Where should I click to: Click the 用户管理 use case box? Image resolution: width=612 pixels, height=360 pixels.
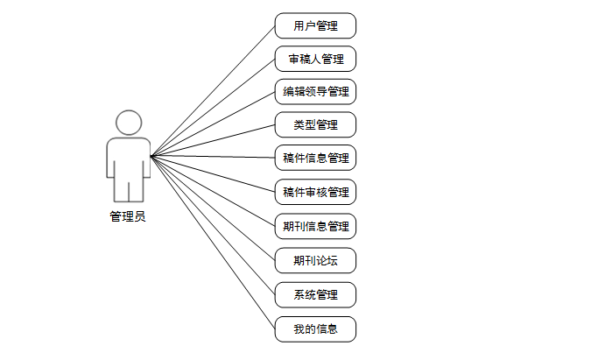click(x=315, y=25)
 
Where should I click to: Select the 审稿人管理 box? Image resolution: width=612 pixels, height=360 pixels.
click(x=315, y=59)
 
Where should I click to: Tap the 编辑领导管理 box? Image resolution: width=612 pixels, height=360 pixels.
click(x=315, y=91)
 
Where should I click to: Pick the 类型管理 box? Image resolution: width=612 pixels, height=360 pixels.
click(x=315, y=124)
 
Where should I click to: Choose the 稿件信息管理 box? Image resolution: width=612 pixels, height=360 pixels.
click(x=315, y=158)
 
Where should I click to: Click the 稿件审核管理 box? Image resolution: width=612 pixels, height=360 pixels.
click(x=315, y=191)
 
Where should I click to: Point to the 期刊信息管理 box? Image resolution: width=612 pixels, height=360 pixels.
click(x=315, y=225)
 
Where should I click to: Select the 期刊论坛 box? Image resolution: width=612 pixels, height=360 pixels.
click(x=315, y=260)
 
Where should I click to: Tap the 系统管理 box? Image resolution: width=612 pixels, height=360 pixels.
click(x=315, y=293)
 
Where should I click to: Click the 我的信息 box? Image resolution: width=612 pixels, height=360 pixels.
click(x=315, y=329)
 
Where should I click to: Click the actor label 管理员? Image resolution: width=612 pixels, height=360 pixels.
click(x=128, y=216)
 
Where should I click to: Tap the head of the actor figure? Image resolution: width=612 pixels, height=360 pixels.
click(x=129, y=122)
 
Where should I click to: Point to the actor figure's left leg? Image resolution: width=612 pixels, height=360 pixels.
click(x=121, y=190)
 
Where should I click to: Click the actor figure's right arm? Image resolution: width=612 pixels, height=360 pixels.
click(x=144, y=158)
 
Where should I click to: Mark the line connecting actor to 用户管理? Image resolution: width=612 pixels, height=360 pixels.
click(x=213, y=90)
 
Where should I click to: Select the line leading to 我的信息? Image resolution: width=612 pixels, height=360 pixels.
click(x=213, y=243)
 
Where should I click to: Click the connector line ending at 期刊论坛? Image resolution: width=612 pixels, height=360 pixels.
click(x=213, y=208)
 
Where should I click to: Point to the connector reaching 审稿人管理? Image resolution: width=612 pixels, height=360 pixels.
click(x=213, y=107)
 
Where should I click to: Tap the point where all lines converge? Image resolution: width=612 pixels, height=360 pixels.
click(x=151, y=157)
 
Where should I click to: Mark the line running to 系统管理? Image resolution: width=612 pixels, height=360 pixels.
click(x=213, y=225)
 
